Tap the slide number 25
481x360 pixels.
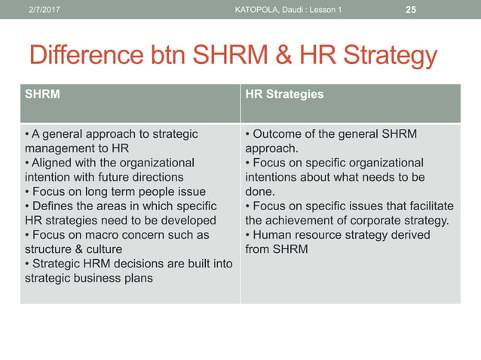[411, 9]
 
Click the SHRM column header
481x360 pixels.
[43, 94]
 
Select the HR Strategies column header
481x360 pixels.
[284, 94]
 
